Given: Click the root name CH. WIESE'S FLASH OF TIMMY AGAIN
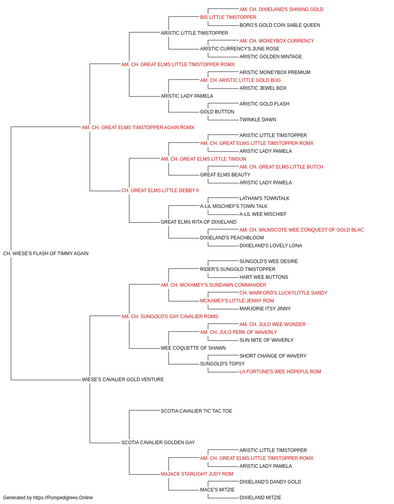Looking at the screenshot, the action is (x=46, y=254).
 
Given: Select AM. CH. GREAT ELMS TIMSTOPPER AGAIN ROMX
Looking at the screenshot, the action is (x=138, y=128).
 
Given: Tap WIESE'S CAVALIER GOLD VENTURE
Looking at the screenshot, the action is (x=123, y=380).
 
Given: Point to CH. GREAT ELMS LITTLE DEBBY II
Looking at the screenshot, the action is (x=160, y=191).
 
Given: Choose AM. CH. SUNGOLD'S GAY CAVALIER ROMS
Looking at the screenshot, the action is (x=170, y=316).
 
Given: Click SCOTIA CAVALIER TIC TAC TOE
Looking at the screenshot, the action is (x=196, y=411).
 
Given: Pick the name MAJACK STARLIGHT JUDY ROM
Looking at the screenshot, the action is (x=197, y=474).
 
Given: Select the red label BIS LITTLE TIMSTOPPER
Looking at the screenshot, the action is (x=228, y=17).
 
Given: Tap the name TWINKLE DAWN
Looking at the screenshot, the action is (x=258, y=120).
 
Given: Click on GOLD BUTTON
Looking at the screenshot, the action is (x=217, y=112).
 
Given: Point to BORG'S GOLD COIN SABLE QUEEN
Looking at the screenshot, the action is (x=280, y=25).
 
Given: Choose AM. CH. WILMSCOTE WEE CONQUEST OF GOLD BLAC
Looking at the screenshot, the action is (x=301, y=230).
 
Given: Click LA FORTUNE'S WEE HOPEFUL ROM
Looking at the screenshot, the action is (x=280, y=372).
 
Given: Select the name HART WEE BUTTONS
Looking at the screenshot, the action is (x=264, y=277).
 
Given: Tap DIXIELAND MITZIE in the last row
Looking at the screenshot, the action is (x=260, y=498).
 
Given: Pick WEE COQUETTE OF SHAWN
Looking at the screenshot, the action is (x=193, y=348).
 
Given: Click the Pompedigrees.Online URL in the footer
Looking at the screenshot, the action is (x=63, y=498).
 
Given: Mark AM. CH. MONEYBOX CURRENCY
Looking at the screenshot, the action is (x=277, y=41).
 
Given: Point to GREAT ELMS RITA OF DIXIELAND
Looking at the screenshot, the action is (x=199, y=222).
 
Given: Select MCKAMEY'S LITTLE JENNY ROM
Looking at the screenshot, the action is (x=237, y=300).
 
